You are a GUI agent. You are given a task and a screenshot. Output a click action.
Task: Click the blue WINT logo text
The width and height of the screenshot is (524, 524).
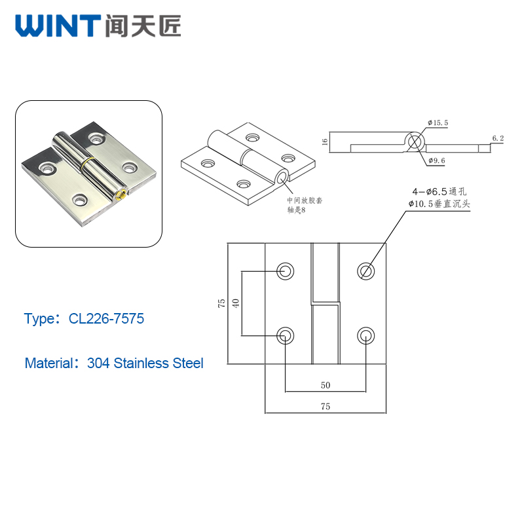click(x=58, y=26)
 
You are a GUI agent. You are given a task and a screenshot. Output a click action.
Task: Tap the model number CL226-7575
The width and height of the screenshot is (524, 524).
click(x=106, y=318)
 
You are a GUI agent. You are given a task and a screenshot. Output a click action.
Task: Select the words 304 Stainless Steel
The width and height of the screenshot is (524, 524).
click(x=145, y=363)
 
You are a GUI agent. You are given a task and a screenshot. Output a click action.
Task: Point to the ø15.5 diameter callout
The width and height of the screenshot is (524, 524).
click(x=438, y=122)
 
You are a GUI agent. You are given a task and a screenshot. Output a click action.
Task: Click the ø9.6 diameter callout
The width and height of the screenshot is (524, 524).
click(x=437, y=160)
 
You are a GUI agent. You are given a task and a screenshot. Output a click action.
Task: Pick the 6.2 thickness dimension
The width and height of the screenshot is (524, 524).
click(x=498, y=138)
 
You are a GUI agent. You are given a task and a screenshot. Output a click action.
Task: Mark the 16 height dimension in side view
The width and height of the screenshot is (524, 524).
click(x=324, y=142)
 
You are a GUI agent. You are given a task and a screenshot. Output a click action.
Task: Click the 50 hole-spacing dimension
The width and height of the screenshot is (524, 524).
click(x=326, y=385)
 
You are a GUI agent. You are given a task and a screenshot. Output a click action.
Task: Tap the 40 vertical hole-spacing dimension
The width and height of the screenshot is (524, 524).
click(x=236, y=303)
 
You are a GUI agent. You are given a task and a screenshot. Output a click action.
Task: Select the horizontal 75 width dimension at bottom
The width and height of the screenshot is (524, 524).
click(x=326, y=406)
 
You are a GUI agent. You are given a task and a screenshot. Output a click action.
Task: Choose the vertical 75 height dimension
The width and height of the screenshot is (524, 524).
click(x=221, y=303)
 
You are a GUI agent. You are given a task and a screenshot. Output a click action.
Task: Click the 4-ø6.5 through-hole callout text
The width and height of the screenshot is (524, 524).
click(x=439, y=191)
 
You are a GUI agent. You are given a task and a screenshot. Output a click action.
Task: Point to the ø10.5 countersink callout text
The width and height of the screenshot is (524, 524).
click(x=439, y=204)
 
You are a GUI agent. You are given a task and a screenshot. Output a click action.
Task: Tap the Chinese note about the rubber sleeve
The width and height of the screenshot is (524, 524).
click(x=305, y=205)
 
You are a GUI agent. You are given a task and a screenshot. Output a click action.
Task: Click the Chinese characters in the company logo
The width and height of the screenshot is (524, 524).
click(x=143, y=26)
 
